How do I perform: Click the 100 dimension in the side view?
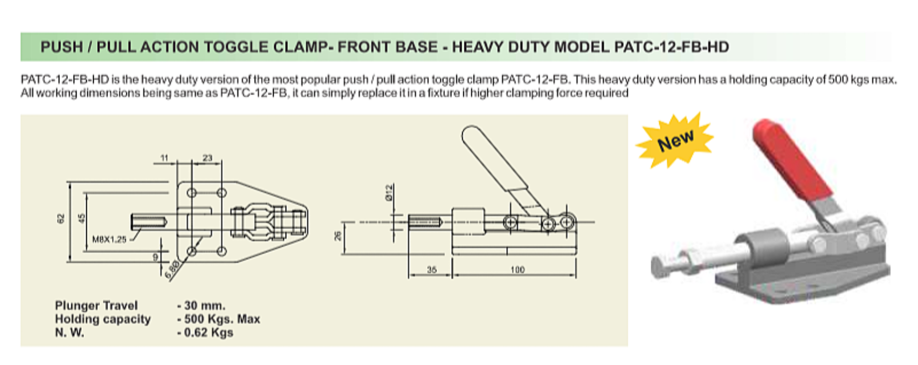tap(517, 270)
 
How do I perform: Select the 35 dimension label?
tap(431, 270)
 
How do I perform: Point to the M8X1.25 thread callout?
tap(109, 240)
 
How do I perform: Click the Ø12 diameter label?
tap(389, 192)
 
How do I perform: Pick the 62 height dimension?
tap(61, 218)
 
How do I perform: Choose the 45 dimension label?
tap(82, 218)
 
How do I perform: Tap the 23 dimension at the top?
tap(207, 158)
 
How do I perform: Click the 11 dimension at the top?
tap(165, 158)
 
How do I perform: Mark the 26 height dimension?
tap(337, 236)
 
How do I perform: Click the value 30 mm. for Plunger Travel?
tap(201, 306)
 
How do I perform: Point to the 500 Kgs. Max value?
tap(219, 319)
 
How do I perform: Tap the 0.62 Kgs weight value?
tap(205, 332)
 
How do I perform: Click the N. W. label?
tap(70, 332)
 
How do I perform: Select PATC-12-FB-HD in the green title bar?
tap(672, 47)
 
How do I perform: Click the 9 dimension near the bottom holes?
tap(155, 257)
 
